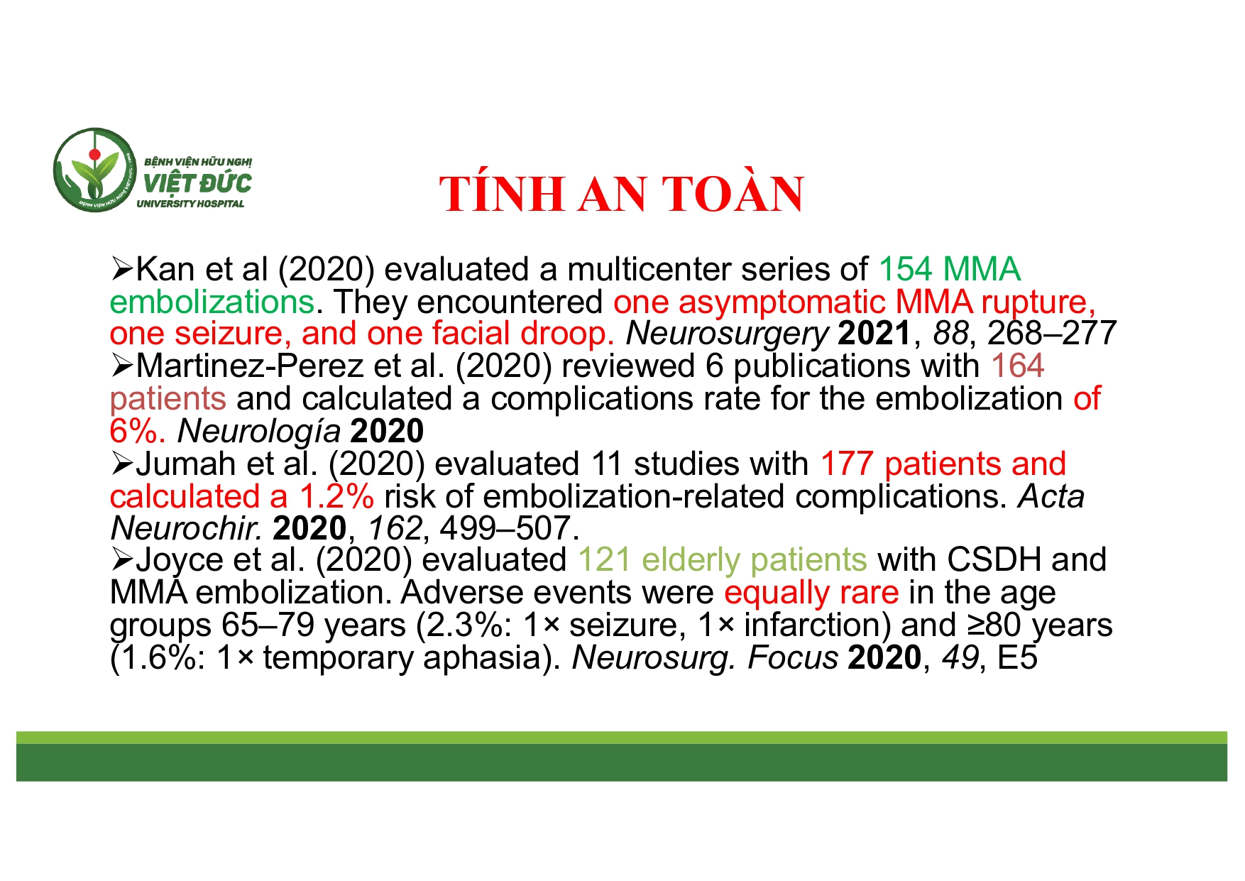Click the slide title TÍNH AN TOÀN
(x=621, y=194)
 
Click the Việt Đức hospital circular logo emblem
(x=94, y=170)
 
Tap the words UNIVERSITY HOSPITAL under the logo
(x=190, y=204)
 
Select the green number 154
(x=905, y=270)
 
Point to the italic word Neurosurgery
(x=727, y=334)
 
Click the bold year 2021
(x=874, y=334)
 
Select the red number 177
(x=846, y=464)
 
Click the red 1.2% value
(x=336, y=496)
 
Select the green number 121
(x=604, y=560)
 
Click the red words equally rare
(x=811, y=593)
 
